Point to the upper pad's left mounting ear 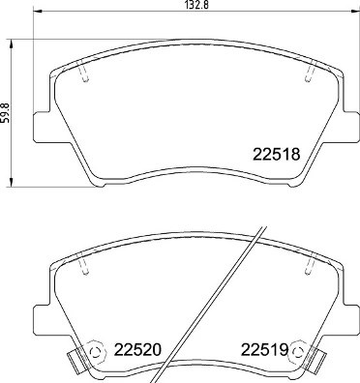43,127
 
